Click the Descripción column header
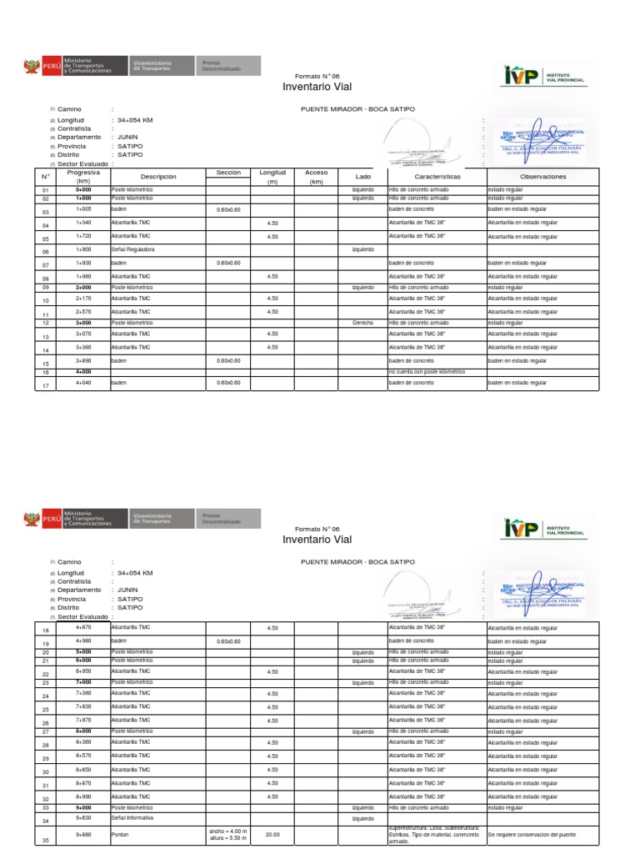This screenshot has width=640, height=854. tap(158, 177)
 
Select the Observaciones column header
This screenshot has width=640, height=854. tap(542, 177)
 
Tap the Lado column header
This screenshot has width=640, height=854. tap(362, 177)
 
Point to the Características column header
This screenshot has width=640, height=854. tap(437, 177)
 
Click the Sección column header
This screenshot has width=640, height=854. tap(228, 172)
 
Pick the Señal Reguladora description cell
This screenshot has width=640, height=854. tap(132, 249)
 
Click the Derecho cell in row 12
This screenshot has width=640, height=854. tap(362, 322)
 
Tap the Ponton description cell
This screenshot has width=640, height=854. tap(120, 835)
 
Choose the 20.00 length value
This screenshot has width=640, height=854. tap(272, 835)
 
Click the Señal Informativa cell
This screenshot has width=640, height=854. tap(133, 818)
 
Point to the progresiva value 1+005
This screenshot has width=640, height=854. tap(83, 209)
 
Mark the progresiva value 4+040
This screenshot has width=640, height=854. tap(83, 382)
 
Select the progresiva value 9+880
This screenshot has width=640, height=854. tap(83, 835)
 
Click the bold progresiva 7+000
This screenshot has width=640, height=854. tap(83, 681)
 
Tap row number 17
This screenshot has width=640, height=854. tap(46, 385)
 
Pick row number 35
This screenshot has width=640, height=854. tap(46, 841)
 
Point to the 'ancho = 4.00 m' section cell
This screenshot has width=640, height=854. tap(227, 831)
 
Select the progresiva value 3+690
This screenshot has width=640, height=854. tap(83, 360)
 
